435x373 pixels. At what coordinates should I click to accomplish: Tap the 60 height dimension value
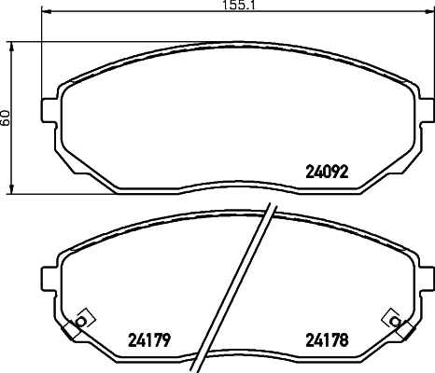(x=7, y=117)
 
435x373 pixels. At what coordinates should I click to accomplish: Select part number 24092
(x=329, y=172)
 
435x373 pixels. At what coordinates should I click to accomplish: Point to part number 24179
(x=147, y=339)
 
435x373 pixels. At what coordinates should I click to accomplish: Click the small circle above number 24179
(x=80, y=322)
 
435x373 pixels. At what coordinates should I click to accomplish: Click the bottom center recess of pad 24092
(x=238, y=186)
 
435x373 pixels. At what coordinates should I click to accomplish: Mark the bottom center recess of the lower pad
(x=238, y=353)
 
